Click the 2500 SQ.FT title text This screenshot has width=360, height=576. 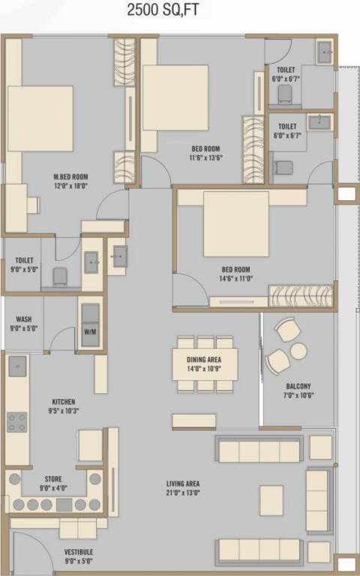(180, 11)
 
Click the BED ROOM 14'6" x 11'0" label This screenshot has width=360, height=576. (235, 274)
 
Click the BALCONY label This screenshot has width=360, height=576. (298, 387)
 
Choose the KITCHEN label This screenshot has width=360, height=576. (63, 402)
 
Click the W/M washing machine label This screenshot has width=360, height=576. (89, 331)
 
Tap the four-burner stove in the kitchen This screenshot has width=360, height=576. (17, 422)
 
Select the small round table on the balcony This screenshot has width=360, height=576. (298, 351)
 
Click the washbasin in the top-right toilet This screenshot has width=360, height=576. (325, 51)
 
